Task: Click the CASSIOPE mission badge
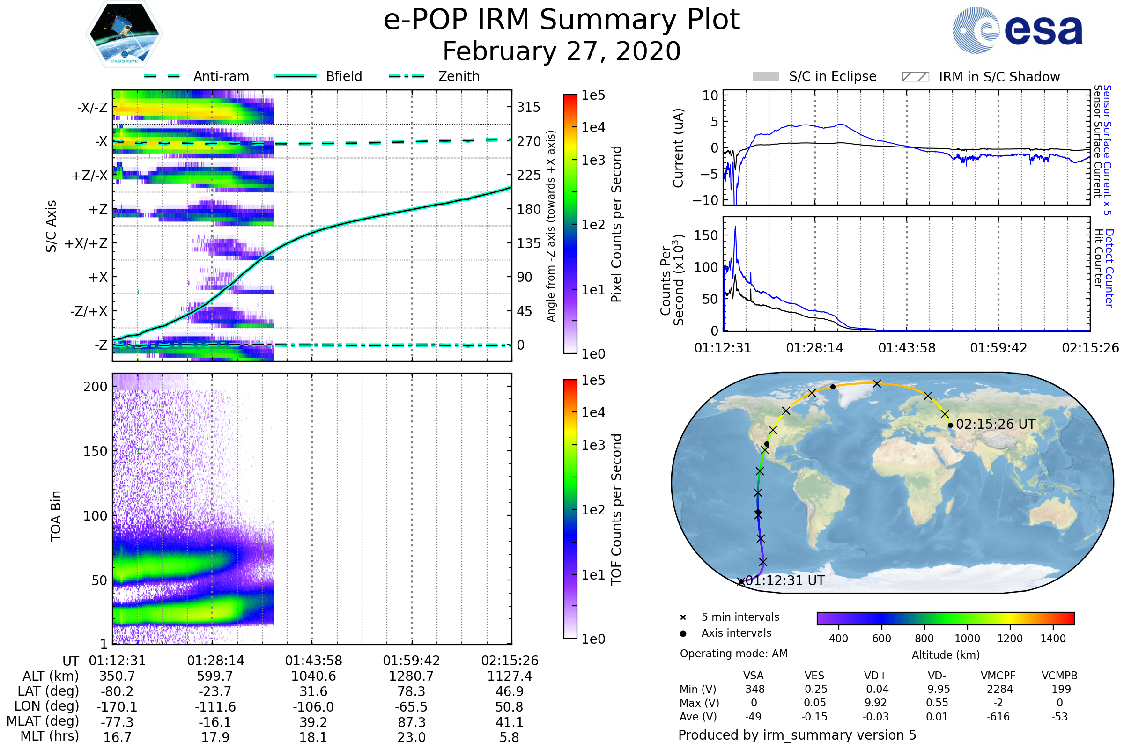pos(124,34)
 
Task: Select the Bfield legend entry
pos(344,76)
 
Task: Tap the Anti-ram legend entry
pos(221,76)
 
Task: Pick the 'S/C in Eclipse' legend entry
pos(832,76)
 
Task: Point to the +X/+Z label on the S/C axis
pos(86,243)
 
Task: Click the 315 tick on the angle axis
pos(528,107)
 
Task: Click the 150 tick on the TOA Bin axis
pos(95,451)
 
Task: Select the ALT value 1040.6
pos(313,676)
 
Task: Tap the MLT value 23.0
pos(411,737)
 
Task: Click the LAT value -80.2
pos(117,692)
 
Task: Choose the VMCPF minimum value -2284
pos(998,689)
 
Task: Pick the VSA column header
pos(753,676)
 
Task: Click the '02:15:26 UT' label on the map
pos(996,424)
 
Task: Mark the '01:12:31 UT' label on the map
pos(785,581)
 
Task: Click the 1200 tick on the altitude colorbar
pos(1010,639)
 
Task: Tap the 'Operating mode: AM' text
pos(733,654)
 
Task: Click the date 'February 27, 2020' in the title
pos(562,51)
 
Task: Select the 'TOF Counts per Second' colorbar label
pos(616,509)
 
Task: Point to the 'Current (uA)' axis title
pos(678,148)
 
